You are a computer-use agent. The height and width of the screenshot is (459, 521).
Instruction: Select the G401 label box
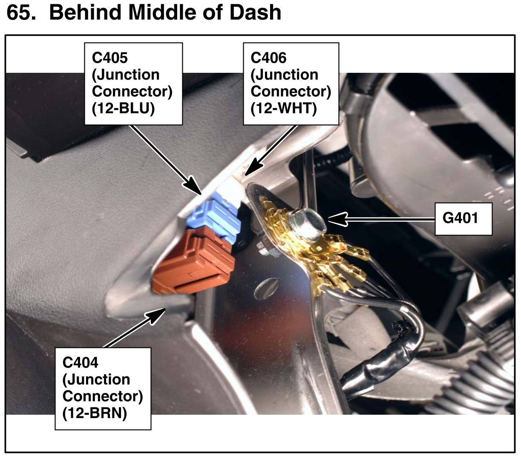[463, 218]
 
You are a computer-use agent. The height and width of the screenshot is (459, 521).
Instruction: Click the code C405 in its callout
[110, 57]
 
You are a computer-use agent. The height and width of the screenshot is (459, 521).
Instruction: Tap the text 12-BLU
[123, 109]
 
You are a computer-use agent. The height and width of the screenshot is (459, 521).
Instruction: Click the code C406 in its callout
[268, 57]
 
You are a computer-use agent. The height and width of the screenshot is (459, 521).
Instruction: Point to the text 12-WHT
[284, 109]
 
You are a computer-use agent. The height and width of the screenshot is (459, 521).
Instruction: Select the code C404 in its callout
[81, 362]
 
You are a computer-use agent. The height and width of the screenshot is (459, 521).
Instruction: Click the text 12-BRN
[95, 413]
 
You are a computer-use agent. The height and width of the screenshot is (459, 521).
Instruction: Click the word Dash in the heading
[255, 13]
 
